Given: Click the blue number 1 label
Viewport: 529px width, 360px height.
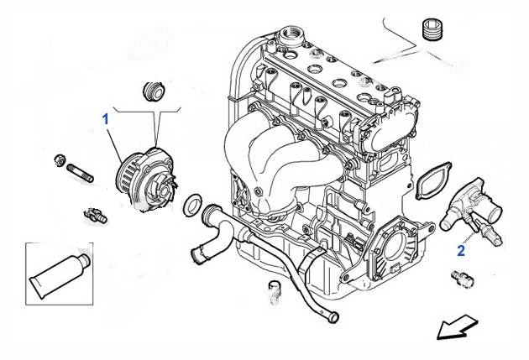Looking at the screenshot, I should [x=106, y=120].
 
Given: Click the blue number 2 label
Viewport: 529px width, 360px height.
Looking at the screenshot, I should [x=461, y=249].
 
